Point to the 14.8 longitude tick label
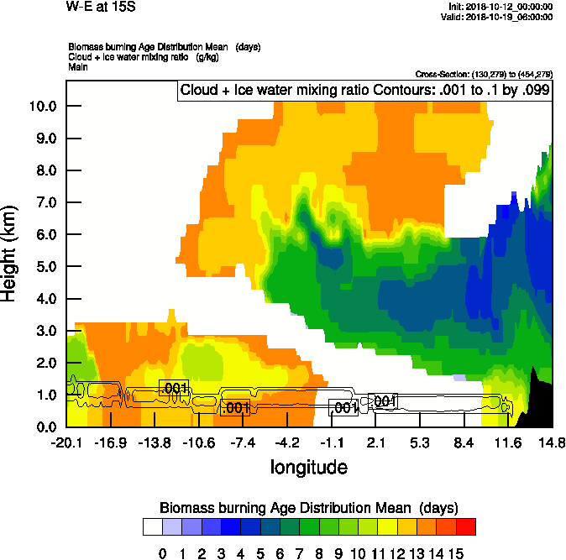click(552, 442)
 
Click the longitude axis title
click(308, 467)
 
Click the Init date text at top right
click(500, 7)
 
